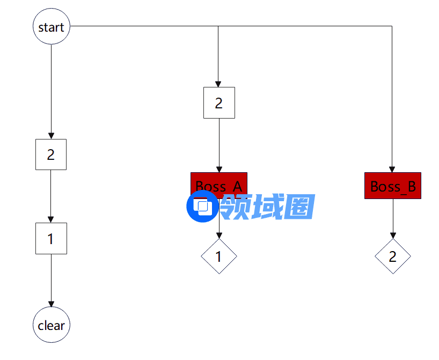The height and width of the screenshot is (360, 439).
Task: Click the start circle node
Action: [x=52, y=27]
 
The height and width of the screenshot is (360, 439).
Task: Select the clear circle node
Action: [x=52, y=325]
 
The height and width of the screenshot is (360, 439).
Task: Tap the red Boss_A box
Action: [x=219, y=186]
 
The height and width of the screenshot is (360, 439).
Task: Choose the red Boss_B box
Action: [x=393, y=186]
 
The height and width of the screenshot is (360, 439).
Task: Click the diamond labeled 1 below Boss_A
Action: [x=219, y=256]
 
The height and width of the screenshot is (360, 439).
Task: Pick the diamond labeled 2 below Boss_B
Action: [x=393, y=256]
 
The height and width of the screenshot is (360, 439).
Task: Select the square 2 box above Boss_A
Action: [x=219, y=102]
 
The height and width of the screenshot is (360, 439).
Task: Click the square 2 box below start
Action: [x=51, y=155]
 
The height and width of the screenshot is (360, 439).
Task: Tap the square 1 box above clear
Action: [x=51, y=238]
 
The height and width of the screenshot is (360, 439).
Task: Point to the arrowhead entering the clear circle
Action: [x=52, y=304]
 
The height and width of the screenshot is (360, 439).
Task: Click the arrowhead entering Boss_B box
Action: [x=392, y=169]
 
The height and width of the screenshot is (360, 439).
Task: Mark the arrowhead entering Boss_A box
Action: [x=219, y=169]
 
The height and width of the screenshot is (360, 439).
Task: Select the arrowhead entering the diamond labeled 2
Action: [x=393, y=236]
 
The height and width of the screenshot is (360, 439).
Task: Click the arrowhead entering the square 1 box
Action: [x=51, y=219]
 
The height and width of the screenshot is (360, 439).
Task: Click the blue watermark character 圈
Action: [x=299, y=207]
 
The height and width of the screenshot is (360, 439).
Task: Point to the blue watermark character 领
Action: [x=234, y=207]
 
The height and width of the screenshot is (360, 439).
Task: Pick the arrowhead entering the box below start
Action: [x=51, y=136]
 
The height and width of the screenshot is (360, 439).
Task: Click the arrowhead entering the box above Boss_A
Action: [x=218, y=84]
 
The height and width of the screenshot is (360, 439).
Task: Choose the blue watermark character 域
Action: [x=267, y=207]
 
